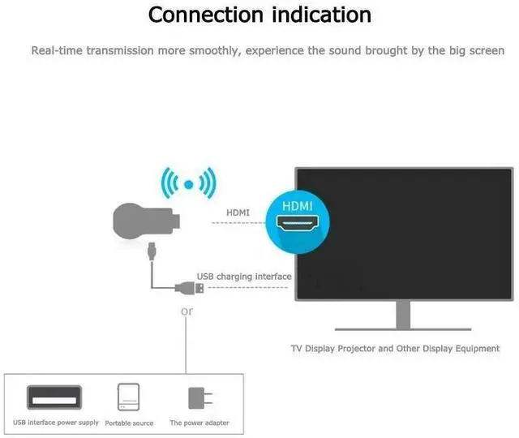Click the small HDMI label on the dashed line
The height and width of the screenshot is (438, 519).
[238, 213]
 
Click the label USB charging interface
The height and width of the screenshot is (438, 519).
[243, 277]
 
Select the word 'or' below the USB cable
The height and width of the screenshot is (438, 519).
[187, 311]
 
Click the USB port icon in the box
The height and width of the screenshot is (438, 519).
[54, 397]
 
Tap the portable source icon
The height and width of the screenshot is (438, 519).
[129, 397]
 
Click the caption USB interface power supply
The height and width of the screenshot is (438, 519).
[56, 423]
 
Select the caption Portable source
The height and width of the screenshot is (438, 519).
[129, 423]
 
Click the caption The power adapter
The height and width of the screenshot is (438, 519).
[199, 423]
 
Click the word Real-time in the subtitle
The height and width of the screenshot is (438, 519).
[56, 50]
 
